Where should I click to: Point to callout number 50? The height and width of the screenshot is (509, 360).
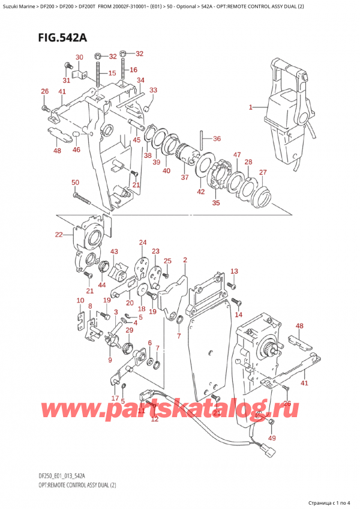(x=75, y=182)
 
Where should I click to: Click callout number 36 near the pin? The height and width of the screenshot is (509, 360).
(x=217, y=139)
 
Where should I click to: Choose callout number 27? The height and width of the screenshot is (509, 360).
(x=262, y=173)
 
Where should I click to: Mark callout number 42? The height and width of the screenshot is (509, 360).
(x=200, y=191)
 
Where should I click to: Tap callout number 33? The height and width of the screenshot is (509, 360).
(x=153, y=90)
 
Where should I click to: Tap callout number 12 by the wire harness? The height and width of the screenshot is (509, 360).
(x=154, y=418)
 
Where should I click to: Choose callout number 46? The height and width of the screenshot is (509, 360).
(x=76, y=151)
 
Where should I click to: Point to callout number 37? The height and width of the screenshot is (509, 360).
(x=185, y=177)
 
